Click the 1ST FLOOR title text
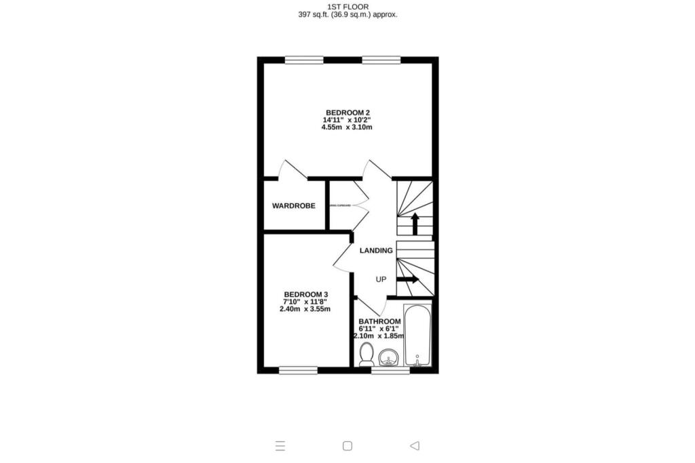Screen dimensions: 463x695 click(347, 6)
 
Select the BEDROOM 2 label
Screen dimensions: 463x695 click(347, 113)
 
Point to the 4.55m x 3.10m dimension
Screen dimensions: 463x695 click(347, 127)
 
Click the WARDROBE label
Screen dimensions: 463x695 click(294, 205)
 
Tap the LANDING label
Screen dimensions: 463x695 click(376, 251)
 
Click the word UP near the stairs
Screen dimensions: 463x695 click(381, 279)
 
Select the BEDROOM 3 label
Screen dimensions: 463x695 click(305, 294)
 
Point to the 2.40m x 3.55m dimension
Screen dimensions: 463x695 click(305, 309)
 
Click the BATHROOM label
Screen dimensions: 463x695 click(380, 321)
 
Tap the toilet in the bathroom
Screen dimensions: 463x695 click(367, 354)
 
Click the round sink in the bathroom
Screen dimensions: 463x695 click(389, 357)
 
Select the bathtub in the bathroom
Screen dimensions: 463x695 click(417, 336)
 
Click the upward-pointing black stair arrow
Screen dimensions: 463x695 click(415, 223)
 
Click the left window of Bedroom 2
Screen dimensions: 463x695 click(303, 60)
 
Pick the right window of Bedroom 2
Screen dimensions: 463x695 click(381, 60)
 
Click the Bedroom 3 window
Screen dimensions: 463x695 click(299, 370)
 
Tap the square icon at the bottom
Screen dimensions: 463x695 click(347, 445)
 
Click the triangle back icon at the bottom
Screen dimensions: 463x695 click(415, 445)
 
